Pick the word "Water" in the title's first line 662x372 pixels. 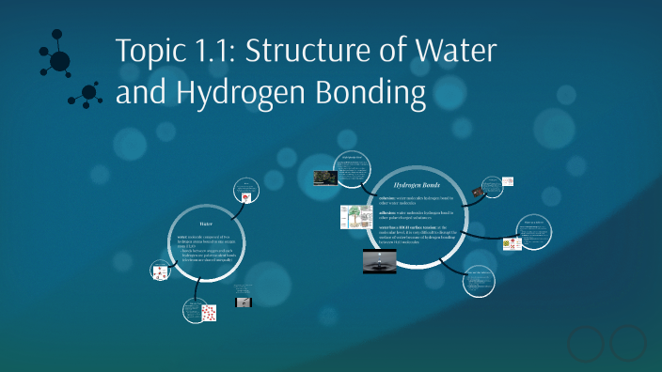pyautogui.click(x=457, y=52)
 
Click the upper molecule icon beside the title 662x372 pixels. pyautogui.click(x=56, y=58)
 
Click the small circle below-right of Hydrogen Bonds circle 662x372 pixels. pyautogui.click(x=480, y=281)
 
